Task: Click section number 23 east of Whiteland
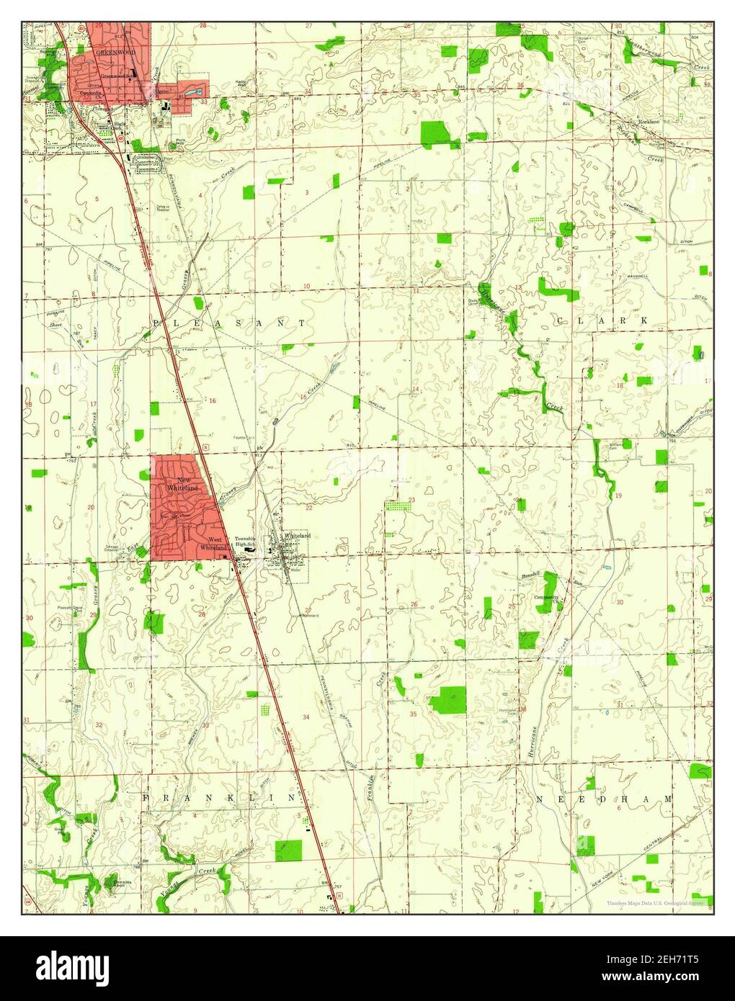click(412, 500)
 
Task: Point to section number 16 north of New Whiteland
click(212, 400)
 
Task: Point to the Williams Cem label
click(617, 446)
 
